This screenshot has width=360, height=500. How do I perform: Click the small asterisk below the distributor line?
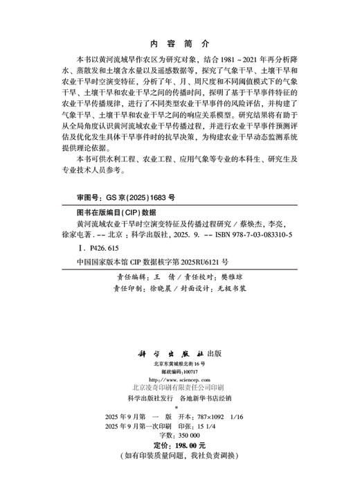(x=180, y=409)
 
